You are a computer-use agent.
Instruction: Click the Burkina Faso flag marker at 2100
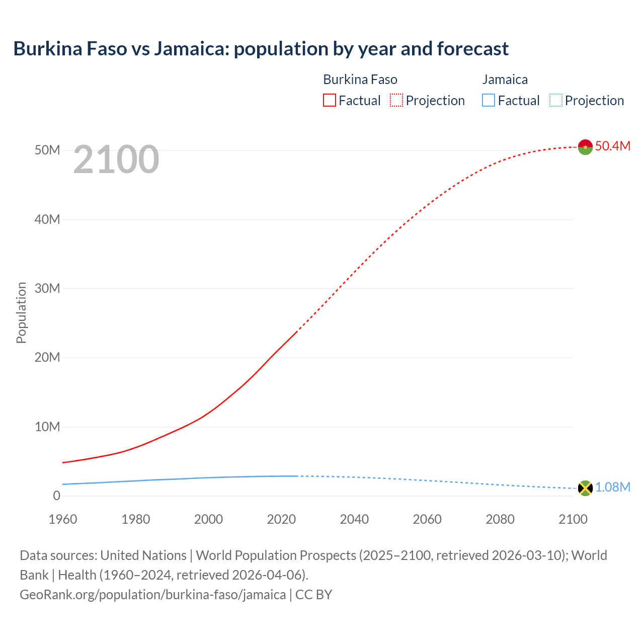click(585, 147)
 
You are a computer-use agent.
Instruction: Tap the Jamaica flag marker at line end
click(585, 488)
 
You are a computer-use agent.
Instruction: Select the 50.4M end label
click(612, 146)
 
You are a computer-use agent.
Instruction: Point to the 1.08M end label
click(612, 488)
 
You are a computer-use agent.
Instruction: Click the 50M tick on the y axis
click(47, 150)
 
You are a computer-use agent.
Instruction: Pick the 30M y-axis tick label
click(47, 289)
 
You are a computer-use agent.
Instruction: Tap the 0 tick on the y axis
click(56, 496)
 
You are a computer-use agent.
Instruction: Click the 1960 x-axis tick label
click(63, 519)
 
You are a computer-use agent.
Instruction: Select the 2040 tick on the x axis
click(354, 519)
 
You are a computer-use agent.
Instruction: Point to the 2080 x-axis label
click(500, 519)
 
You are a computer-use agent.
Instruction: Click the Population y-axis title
click(21, 313)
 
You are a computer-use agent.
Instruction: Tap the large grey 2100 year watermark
click(116, 160)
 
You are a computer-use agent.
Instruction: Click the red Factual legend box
click(329, 101)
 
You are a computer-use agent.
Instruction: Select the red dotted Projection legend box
click(396, 101)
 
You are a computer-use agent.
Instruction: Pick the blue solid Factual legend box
click(489, 101)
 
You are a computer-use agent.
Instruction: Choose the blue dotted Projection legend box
click(556, 101)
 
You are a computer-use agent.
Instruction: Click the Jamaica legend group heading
click(505, 79)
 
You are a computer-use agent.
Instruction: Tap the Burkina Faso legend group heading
click(360, 79)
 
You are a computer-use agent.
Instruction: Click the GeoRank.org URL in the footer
click(152, 595)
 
